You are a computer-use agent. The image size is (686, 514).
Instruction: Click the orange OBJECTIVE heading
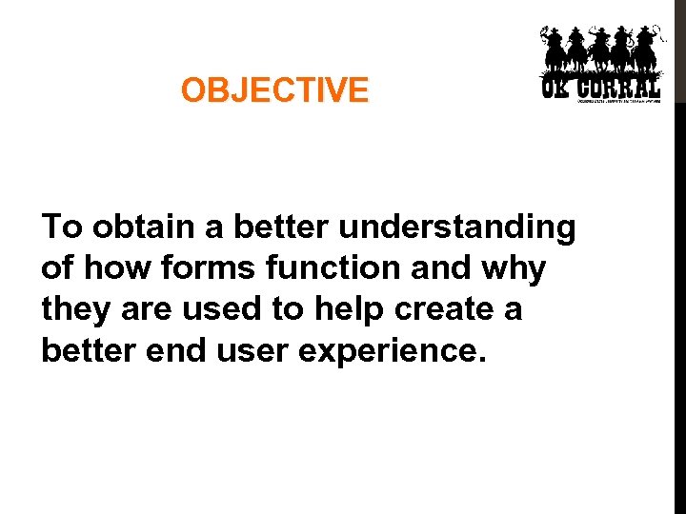point(274,91)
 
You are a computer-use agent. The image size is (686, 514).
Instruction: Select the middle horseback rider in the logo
point(600,49)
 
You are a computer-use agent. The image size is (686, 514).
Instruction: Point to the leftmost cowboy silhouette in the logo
point(554,49)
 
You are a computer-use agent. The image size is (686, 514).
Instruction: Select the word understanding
point(457,227)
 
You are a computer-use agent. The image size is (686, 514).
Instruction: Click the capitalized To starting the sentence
point(62,227)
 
